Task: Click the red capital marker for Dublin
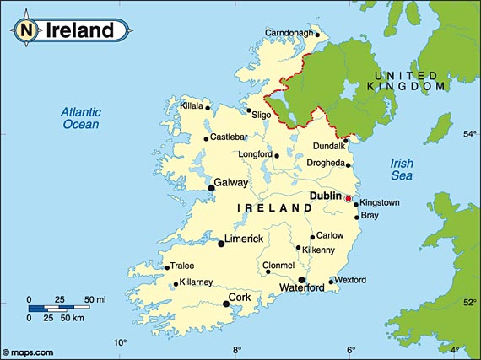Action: click(347, 198)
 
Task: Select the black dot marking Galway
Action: click(211, 188)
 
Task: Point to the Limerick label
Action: click(245, 239)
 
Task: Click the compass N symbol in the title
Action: click(27, 31)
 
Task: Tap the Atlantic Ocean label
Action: click(81, 118)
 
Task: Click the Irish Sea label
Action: click(402, 169)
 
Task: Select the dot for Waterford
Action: click(301, 279)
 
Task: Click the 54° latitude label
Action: click(469, 133)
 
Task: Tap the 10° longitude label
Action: click(122, 342)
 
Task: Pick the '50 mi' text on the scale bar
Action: click(94, 299)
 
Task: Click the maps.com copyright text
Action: click(29, 352)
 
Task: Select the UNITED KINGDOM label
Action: click(408, 81)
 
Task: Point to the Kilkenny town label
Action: click(319, 250)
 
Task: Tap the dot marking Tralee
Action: click(167, 268)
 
